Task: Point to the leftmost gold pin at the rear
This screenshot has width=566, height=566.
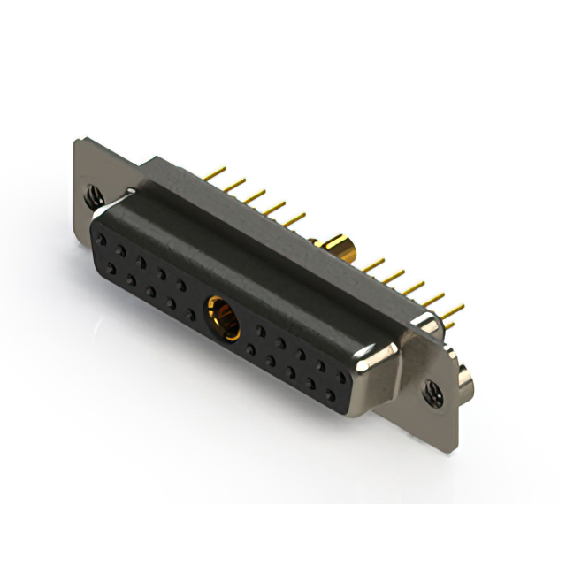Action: pyautogui.click(x=215, y=168)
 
